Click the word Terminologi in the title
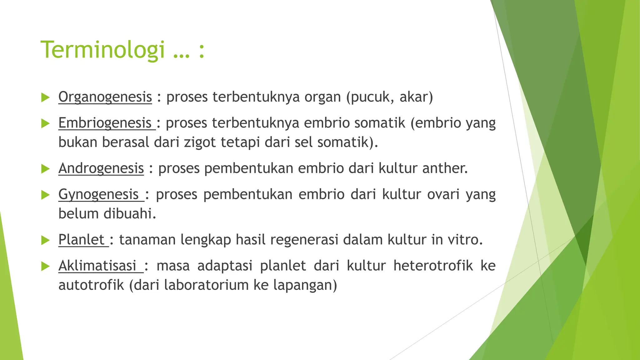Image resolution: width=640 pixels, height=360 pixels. point(102,50)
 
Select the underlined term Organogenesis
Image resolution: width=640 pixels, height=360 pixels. point(105,97)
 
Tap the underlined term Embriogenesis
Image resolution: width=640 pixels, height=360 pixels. point(105,123)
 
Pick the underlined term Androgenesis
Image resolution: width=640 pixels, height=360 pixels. point(101,168)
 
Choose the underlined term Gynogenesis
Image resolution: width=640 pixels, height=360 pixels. point(98,194)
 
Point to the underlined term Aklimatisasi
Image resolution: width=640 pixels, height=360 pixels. point(97,266)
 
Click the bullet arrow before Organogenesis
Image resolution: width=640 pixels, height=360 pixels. point(46,97)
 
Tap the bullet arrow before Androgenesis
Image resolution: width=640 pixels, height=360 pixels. point(46,169)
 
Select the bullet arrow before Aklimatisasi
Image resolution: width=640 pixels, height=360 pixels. point(46,267)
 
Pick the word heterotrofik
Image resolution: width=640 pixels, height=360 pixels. point(433,266)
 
